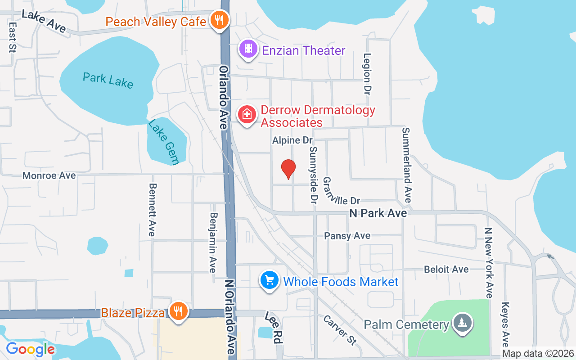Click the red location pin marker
coord(288,169)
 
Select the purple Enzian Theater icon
coord(248,49)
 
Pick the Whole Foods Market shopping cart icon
coord(269,281)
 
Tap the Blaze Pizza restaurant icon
coord(179,311)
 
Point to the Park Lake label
coord(108,80)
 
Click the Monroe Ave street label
coord(49,175)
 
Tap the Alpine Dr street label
coord(292,140)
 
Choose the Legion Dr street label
coord(367,74)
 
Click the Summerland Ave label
coord(406,165)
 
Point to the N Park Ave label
coord(378,213)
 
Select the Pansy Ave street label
coord(347,235)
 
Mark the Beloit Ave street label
coord(446,269)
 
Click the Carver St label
coord(340,329)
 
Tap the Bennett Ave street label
coord(152,209)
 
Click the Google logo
coord(31,349)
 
